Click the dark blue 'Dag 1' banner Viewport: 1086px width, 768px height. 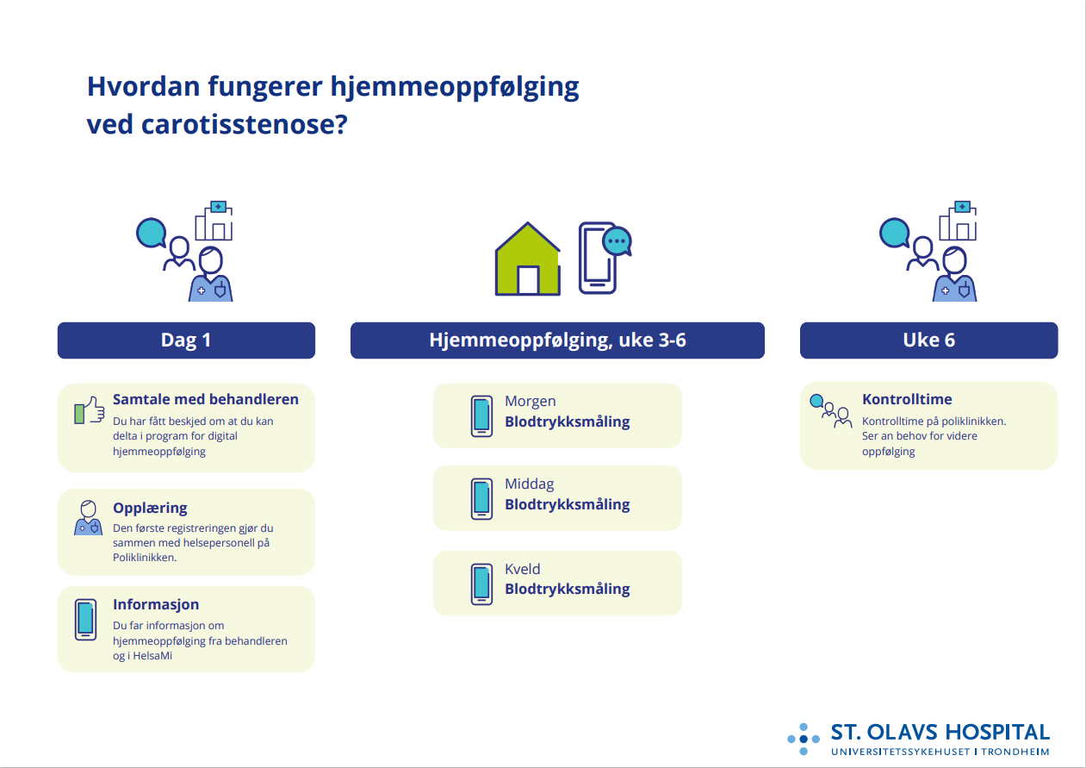186,340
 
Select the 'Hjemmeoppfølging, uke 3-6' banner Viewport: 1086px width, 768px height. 557,340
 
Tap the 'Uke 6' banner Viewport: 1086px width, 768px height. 929,340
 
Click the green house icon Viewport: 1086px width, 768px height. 527,259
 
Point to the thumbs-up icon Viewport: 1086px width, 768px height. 90,410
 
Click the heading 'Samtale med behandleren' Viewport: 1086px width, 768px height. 206,399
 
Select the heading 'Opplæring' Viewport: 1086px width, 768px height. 150,508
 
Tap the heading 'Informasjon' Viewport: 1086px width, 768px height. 156,604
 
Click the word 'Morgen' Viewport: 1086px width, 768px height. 530,401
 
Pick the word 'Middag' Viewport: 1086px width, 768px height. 529,484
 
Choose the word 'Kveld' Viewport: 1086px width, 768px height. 522,569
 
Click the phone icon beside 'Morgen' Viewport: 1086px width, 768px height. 481,416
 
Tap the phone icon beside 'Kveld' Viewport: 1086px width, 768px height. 481,584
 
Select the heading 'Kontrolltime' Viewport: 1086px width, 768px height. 907,399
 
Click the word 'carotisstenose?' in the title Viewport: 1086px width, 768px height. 245,125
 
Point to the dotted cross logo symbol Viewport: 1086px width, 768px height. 804,739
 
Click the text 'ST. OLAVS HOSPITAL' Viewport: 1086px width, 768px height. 940,732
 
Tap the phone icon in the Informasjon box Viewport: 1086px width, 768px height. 86,620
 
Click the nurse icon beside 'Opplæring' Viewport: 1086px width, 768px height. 88,518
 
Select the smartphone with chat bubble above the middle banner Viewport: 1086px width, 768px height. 605,258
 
